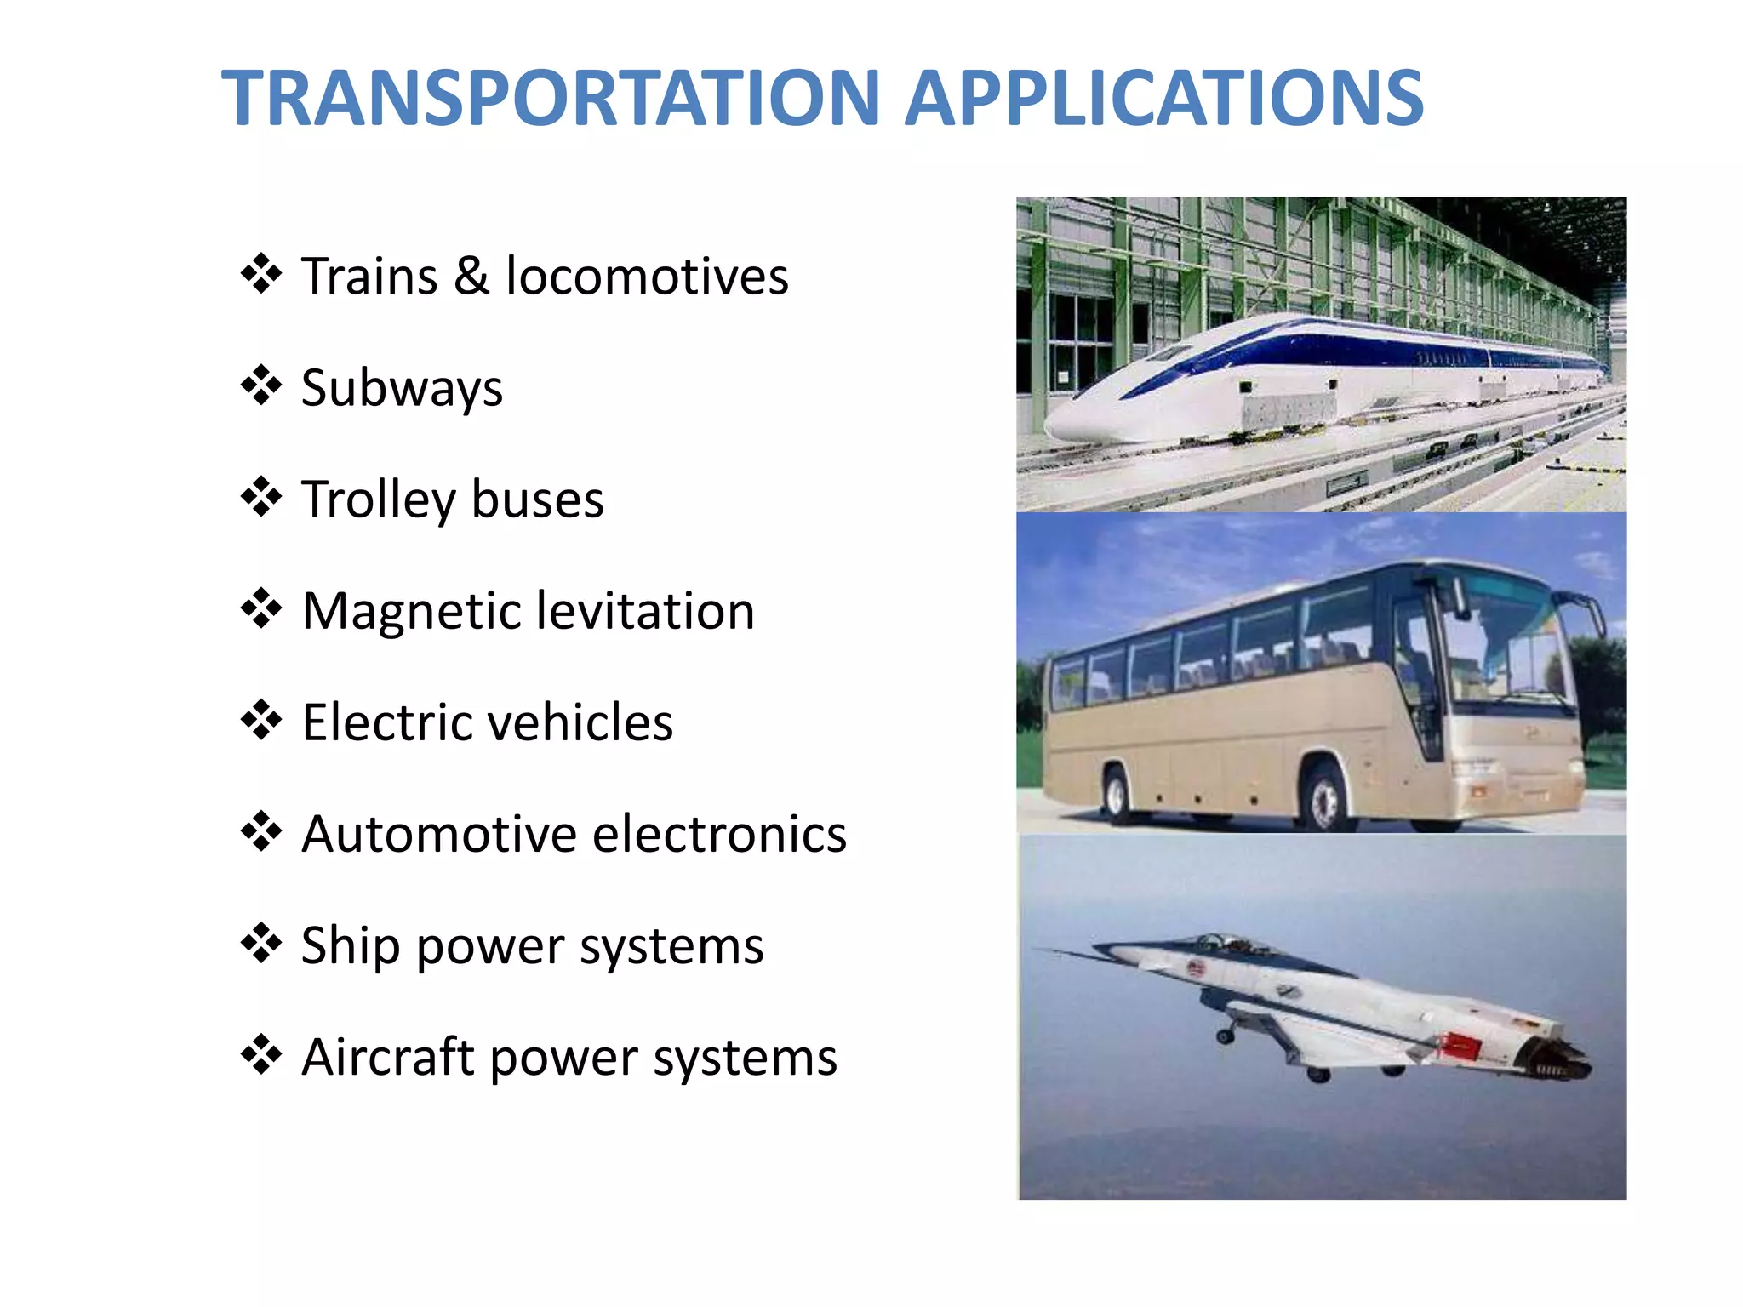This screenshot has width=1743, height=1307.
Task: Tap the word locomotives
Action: pos(647,277)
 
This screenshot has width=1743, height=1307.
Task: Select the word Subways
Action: pos(402,388)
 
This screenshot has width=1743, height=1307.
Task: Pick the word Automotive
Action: pos(439,834)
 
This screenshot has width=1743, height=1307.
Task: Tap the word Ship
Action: pos(350,945)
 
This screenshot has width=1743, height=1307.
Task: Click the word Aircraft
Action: pos(387,1057)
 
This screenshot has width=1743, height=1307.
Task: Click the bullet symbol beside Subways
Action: pos(260,386)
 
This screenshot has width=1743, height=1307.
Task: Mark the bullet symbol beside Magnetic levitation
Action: pos(260,609)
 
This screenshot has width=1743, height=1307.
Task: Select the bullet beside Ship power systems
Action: pos(260,944)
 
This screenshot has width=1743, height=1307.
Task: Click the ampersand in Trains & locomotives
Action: pos(471,277)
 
